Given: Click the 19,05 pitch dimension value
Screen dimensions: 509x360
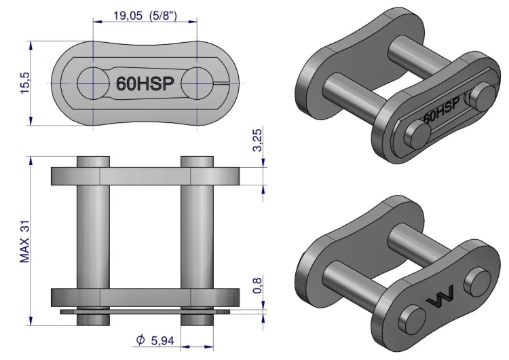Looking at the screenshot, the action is coord(128,15).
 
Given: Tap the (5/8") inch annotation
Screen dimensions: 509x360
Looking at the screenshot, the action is coord(164,15).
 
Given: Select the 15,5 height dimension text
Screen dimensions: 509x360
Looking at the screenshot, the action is coord(25,83).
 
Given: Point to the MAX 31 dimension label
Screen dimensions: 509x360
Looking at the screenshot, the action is coord(25,241).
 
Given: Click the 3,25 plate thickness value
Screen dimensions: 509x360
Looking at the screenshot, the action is coord(257,141).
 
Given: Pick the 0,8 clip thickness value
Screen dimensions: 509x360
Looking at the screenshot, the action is coord(257,285).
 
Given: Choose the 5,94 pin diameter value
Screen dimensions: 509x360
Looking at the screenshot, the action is coord(163,340).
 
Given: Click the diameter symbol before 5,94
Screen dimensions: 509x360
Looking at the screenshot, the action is coord(140,340).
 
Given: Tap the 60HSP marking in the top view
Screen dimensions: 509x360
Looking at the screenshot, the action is coord(145,84).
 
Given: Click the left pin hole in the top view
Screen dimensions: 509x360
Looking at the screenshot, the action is coord(93,83).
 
